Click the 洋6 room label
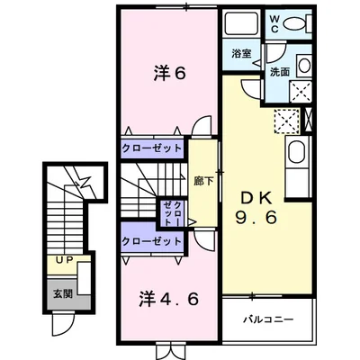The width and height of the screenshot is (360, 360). pos(170,73)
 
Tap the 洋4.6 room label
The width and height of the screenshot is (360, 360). pos(169,299)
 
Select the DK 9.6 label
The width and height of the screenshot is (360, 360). pos(256,208)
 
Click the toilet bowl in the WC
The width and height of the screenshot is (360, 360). pos(295,23)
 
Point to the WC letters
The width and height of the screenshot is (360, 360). pos(275,23)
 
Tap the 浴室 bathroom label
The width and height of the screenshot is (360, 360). pos(241,54)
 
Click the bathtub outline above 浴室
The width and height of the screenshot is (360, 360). pos(242,24)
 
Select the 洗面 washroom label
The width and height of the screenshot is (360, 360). pos(279,72)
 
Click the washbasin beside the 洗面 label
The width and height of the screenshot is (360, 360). pos(304,66)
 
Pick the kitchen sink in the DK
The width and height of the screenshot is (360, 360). pos(296,153)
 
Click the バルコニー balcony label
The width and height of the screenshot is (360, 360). pos(268,319)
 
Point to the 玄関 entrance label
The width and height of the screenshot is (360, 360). pos(63,293)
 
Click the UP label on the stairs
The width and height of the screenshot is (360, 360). pos(65,260)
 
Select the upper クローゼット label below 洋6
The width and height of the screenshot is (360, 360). pos(152,148)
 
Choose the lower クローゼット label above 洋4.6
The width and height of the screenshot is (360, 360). pos(152,241)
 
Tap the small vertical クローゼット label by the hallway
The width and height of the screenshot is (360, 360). pos(173,213)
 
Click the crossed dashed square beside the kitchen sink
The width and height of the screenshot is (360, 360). pos(287,121)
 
